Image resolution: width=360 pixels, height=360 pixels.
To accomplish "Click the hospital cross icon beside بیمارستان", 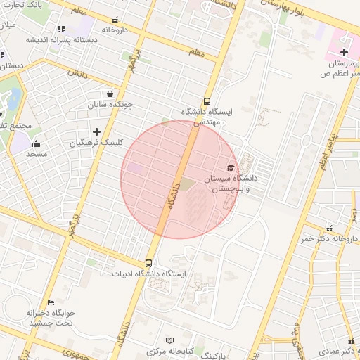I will [344, 53].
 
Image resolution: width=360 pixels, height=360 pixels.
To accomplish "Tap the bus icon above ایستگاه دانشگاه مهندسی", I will [207, 101].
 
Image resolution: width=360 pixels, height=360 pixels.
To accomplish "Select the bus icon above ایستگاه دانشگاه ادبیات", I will [148, 262].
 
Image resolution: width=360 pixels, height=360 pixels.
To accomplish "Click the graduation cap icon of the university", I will [230, 167].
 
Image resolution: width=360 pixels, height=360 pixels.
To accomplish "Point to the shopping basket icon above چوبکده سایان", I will [110, 94].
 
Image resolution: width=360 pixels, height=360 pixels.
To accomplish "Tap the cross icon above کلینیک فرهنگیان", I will [96, 131].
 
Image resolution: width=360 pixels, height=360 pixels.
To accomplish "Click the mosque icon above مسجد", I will [37, 143].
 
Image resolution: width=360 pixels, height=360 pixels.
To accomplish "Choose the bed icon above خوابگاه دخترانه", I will [51, 302].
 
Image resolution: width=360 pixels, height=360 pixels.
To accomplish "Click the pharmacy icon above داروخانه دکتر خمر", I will [330, 228].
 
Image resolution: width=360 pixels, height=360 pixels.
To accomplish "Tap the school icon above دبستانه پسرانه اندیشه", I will [61, 29].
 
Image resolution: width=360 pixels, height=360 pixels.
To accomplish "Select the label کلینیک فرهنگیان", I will [96, 142].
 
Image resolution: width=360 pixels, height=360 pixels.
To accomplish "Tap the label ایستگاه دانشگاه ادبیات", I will [148, 273].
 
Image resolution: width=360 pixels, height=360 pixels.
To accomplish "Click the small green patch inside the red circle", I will [187, 184].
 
